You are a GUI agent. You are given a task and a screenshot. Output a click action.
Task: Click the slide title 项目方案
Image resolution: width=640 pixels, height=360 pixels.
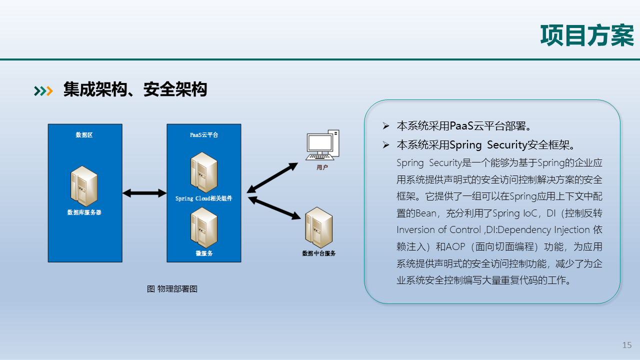pyautogui.click(x=587, y=35)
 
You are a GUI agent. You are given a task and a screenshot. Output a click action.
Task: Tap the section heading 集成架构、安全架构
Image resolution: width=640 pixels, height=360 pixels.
pyautogui.click(x=135, y=90)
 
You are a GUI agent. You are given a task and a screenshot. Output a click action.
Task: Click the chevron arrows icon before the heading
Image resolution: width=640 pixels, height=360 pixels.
pyautogui.click(x=43, y=90)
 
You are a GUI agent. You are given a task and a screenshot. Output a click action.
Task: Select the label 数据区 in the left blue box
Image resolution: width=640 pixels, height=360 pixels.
pyautogui.click(x=84, y=135)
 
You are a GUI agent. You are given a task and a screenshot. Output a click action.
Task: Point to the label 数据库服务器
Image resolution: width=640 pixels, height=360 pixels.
pyautogui.click(x=84, y=212)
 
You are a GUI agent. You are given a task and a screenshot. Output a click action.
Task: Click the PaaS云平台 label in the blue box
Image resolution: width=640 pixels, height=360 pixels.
pyautogui.click(x=203, y=135)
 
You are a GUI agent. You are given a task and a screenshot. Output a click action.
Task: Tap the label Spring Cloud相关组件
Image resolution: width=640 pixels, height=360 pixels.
pyautogui.click(x=203, y=198)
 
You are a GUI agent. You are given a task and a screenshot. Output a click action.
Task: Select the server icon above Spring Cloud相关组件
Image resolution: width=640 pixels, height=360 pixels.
pyautogui.click(x=203, y=172)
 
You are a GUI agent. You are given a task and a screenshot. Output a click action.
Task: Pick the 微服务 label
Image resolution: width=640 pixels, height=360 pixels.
pyautogui.click(x=203, y=253)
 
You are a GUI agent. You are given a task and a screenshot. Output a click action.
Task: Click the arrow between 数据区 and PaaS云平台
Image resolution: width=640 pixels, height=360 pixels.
pyautogui.click(x=144, y=193)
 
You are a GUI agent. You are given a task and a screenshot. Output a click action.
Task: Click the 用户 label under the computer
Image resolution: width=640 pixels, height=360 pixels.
pyautogui.click(x=322, y=167)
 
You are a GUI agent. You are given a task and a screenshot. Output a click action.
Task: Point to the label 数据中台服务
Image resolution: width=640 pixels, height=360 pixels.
pyautogui.click(x=319, y=253)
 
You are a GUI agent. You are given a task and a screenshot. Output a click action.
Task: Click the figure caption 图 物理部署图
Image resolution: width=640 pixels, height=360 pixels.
pyautogui.click(x=172, y=289)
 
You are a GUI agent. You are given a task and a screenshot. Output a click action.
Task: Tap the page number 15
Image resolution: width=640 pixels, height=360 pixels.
pyautogui.click(x=627, y=345)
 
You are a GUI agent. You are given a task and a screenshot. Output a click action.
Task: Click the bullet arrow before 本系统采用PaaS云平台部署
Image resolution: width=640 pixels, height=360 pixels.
pyautogui.click(x=385, y=125)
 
